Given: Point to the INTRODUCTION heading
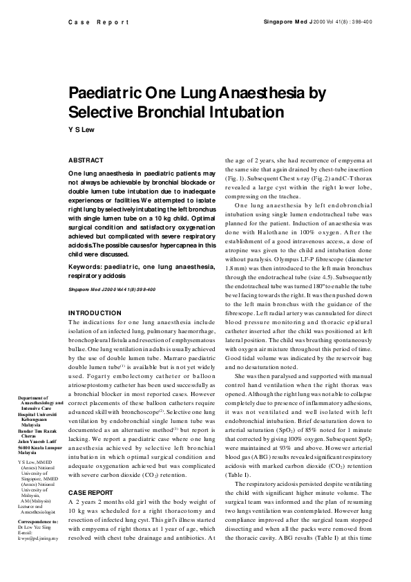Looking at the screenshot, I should (x=95, y=313).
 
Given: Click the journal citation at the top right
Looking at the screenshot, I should (x=318, y=22).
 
